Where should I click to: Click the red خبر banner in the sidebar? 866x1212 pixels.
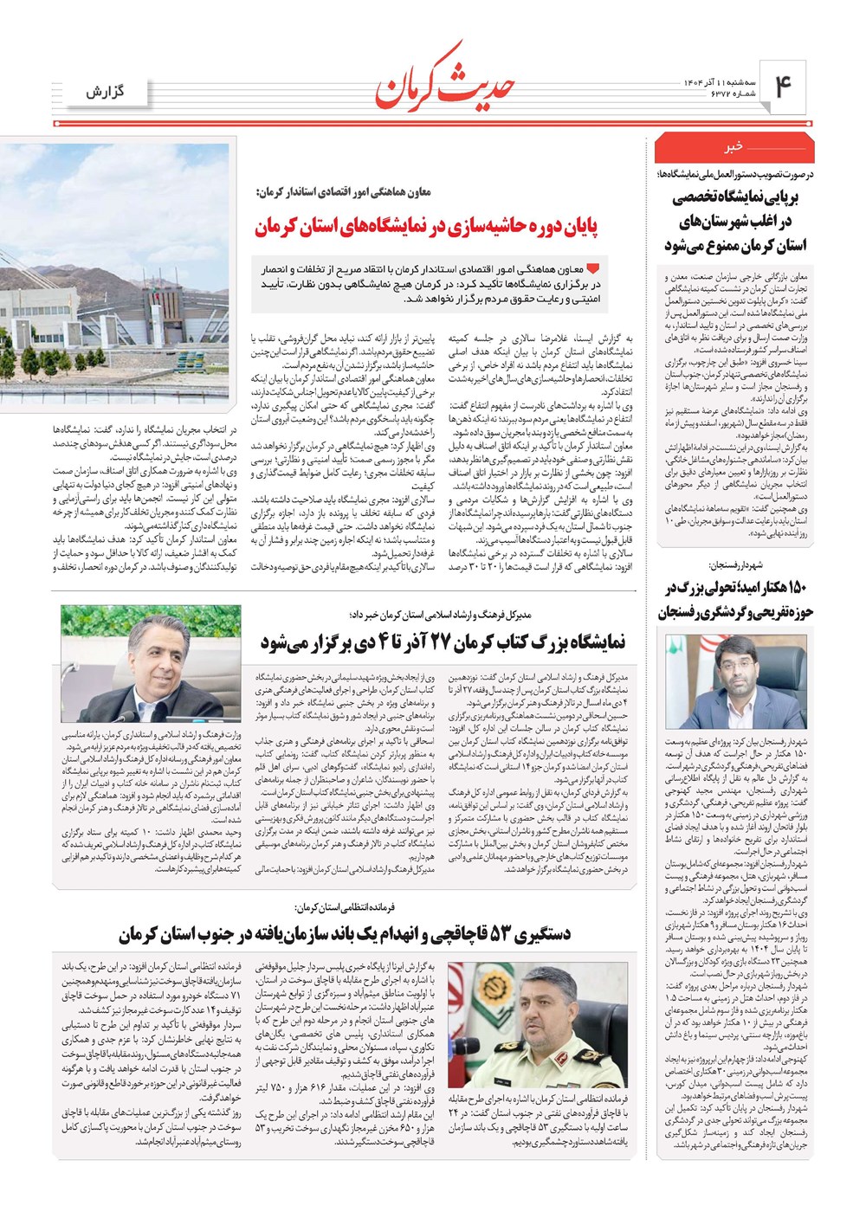735,148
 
